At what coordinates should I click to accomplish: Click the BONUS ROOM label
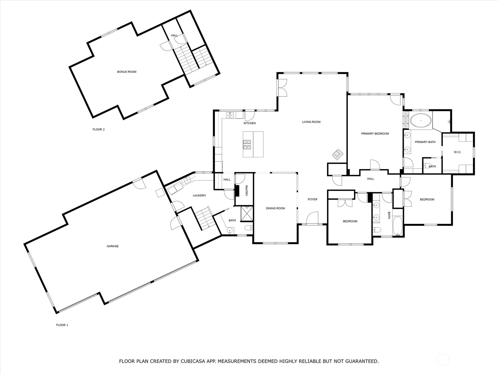coord(127,72)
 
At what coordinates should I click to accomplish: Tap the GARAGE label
coord(113,246)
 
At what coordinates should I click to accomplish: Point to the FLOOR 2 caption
coord(98,129)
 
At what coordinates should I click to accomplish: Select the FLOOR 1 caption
coord(62,325)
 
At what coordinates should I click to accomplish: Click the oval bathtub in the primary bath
coord(421,120)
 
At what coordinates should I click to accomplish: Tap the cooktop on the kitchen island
coord(247,144)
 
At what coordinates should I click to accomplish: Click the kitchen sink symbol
coord(230,115)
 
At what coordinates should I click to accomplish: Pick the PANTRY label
coord(247,190)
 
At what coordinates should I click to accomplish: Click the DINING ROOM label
coord(275,208)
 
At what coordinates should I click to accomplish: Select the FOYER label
coord(312,199)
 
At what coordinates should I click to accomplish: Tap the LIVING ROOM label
coord(311,122)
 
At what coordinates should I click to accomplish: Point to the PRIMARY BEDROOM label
coord(375,133)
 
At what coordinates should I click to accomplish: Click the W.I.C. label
coord(458,152)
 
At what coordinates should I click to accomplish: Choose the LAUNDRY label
coord(200,195)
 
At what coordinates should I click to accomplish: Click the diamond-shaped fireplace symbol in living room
coord(338,154)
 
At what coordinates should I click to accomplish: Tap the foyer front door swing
coord(312,218)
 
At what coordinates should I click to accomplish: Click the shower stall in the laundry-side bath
coord(247,213)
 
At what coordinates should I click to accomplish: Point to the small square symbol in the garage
coord(159,193)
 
